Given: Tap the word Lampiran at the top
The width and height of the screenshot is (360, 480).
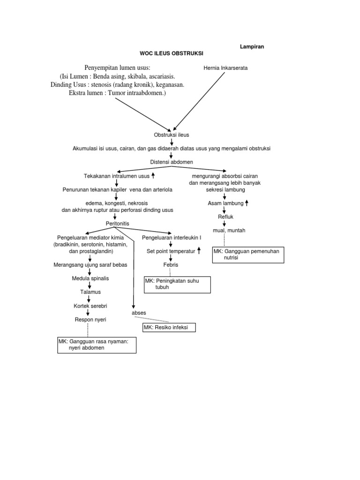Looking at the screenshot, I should coord(252,46).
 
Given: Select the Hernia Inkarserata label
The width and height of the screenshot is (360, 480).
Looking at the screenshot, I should coord(225,68).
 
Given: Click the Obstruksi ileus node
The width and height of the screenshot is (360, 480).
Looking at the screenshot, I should coord(172,135).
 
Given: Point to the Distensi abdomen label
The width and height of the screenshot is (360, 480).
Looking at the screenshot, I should coord(172,162).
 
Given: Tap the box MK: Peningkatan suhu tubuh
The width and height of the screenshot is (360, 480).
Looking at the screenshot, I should coord(177,284).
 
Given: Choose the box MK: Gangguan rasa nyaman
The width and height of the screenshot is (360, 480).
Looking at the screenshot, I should coord(96,345).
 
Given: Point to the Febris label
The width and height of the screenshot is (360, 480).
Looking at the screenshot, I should coord(171,265).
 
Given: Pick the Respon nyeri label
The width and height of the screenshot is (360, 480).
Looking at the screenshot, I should coord(91,320).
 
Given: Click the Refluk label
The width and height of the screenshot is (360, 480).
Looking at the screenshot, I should coord(225,217).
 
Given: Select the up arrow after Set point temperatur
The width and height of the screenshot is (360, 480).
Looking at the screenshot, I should coord(199,251).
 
